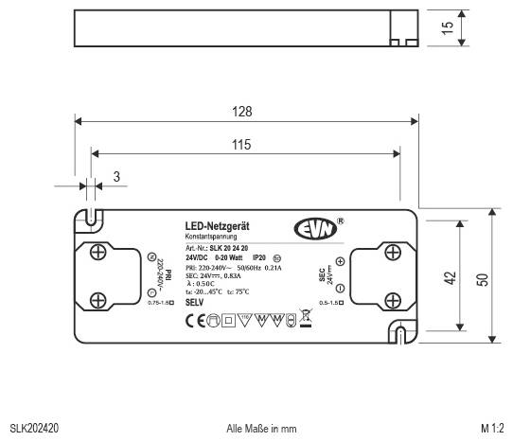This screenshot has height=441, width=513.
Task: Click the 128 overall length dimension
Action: tap(243, 112)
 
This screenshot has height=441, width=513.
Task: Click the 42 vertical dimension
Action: tap(451, 278)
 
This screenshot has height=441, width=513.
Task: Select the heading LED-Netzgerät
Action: tap(217, 226)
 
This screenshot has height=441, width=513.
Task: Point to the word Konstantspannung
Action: tap(210, 237)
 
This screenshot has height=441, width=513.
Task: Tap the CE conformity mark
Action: tap(195, 321)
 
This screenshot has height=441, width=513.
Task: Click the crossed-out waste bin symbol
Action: tap(305, 321)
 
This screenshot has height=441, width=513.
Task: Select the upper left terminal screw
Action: tap(97, 252)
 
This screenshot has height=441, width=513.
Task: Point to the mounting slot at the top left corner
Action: tap(92, 218)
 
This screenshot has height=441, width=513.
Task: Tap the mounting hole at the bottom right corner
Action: tap(399, 334)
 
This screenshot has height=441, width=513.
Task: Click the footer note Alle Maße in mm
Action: tap(260, 429)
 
